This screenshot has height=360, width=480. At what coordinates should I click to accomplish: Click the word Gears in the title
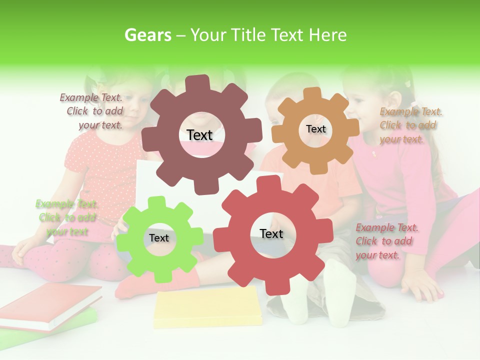click(x=146, y=35)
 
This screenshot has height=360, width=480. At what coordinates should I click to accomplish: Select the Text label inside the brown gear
click(x=199, y=135)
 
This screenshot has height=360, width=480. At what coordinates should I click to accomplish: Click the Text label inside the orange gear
click(x=315, y=129)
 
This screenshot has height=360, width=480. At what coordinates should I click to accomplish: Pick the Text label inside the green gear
click(x=158, y=238)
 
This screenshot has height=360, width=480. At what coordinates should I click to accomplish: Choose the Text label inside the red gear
click(x=271, y=233)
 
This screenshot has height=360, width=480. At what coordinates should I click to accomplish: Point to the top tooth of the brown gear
click(x=200, y=83)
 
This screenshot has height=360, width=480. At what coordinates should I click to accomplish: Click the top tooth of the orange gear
click(x=313, y=93)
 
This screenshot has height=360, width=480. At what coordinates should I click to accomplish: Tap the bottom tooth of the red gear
click(x=274, y=287)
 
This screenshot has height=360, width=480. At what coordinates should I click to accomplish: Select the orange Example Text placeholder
click(x=410, y=125)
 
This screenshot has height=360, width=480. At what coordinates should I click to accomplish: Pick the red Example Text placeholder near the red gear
click(x=386, y=241)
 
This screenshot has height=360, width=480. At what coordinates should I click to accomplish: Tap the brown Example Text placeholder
click(x=93, y=111)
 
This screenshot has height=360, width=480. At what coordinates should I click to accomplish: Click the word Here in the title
click(x=327, y=35)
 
